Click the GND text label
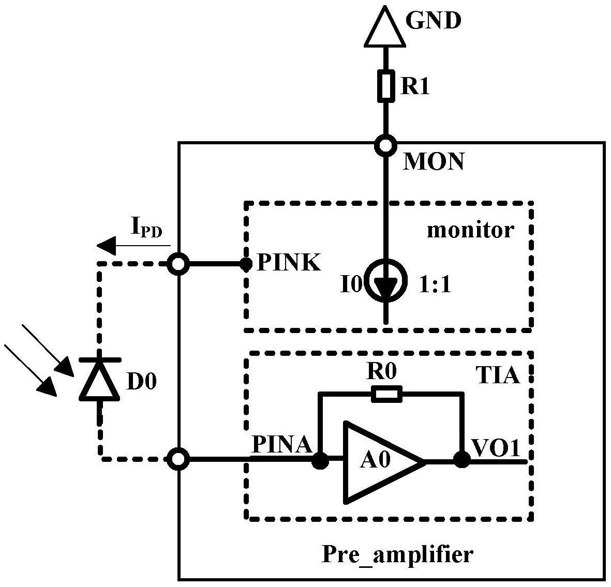(x=434, y=20)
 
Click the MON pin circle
(x=385, y=146)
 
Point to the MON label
(x=434, y=161)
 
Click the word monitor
(x=471, y=230)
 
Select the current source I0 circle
(x=386, y=280)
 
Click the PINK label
(x=289, y=263)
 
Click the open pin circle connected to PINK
(x=178, y=264)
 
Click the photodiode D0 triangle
(x=99, y=380)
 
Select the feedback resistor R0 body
(x=386, y=394)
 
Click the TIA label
(x=498, y=375)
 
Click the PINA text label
(x=282, y=444)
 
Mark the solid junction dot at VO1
(x=462, y=460)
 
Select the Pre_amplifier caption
(x=397, y=554)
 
